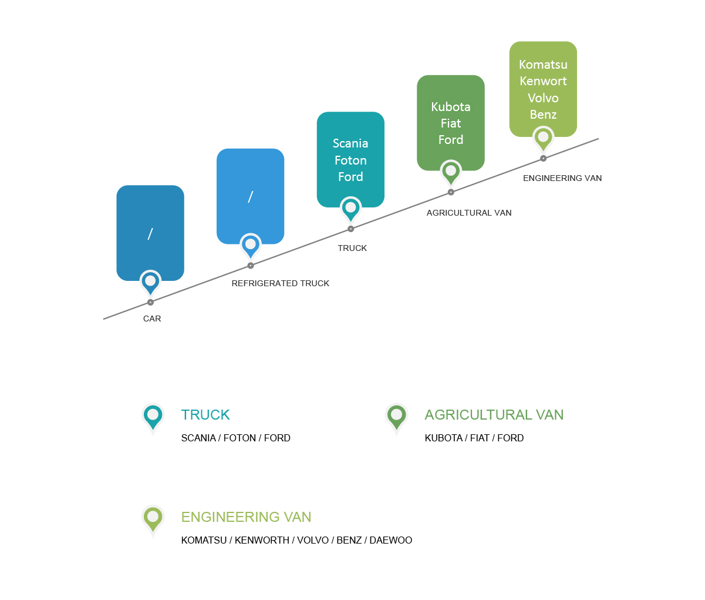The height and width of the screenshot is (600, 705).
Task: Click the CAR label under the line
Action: [x=152, y=319]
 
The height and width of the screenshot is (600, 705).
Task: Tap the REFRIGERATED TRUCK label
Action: [x=281, y=283]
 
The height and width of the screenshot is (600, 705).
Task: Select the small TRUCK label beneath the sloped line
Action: [x=352, y=248]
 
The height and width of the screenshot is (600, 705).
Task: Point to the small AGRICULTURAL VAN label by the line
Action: [x=469, y=213]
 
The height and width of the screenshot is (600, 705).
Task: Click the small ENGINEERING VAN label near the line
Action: [x=562, y=178]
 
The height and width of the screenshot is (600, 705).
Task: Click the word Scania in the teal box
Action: [x=350, y=143]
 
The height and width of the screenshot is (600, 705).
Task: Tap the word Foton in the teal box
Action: [x=350, y=160]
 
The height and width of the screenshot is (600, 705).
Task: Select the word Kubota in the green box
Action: [x=451, y=107]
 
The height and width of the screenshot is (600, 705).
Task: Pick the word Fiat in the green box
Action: [x=451, y=123]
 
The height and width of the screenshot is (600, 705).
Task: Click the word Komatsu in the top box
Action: [x=543, y=65]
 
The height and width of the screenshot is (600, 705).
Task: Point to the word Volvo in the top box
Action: [x=543, y=98]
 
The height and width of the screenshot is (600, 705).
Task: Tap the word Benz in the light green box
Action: [x=543, y=115]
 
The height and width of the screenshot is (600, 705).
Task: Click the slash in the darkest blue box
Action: [x=150, y=234]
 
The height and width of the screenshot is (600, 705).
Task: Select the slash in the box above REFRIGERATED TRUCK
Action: [x=250, y=197]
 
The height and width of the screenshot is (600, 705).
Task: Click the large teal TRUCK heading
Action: [x=205, y=415]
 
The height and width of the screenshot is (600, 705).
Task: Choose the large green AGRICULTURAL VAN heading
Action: [x=494, y=415]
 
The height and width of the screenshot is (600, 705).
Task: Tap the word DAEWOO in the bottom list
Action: [x=391, y=540]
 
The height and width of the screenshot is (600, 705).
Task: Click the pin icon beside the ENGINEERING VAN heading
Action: [x=153, y=519]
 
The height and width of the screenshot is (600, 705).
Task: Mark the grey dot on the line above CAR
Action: [x=150, y=302]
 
